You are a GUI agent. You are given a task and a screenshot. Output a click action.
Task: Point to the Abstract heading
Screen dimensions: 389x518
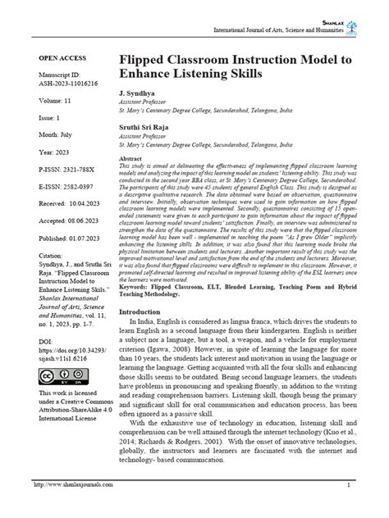pyautogui.click(x=132, y=158)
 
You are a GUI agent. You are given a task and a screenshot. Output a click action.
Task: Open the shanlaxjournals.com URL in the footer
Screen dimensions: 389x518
pyautogui.click(x=70, y=507)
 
